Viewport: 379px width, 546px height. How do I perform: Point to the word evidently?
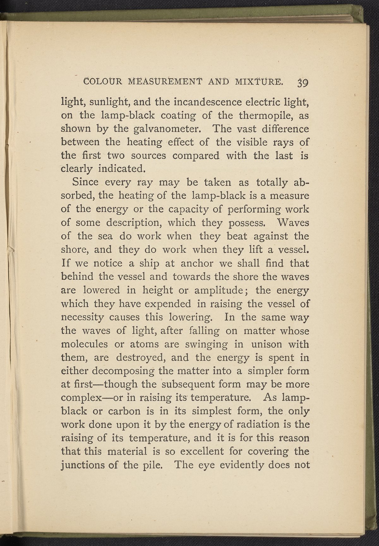coord(241,465)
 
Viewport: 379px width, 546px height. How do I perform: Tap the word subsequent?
coord(189,384)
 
